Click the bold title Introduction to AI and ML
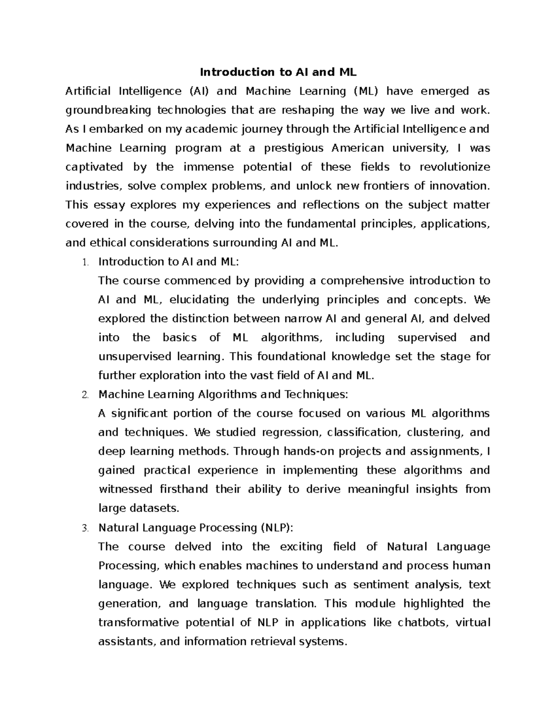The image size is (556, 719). coord(278,72)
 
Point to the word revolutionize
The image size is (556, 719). coord(455,167)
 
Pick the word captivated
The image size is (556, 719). coord(94,167)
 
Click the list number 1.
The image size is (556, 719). coord(84,263)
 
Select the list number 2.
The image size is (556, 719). coord(84,395)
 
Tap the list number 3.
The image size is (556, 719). coord(84,528)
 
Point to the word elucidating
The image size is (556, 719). coord(199,300)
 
